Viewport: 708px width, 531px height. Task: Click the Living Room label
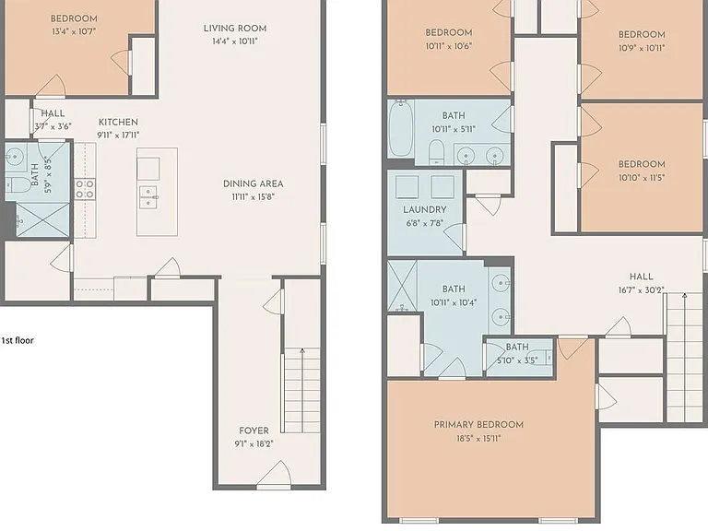(235, 28)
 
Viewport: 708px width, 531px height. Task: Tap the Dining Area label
(253, 183)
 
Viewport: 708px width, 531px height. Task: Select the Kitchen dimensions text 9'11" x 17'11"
(118, 135)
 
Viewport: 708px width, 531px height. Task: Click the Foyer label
(254, 431)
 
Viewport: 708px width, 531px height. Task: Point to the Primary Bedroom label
(478, 424)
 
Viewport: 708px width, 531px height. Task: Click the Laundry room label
(424, 209)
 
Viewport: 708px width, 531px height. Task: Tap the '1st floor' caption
(18, 340)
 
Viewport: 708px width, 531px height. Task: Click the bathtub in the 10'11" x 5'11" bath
(400, 128)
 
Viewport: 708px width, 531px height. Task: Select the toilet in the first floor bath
(18, 184)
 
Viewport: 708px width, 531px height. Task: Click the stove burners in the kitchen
(85, 189)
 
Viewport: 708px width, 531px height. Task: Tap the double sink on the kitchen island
(148, 197)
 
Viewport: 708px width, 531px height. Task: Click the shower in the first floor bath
(42, 220)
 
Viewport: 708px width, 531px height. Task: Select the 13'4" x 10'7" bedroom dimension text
(74, 31)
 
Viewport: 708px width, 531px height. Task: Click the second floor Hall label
(642, 277)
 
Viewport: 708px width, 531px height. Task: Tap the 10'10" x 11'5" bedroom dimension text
(642, 177)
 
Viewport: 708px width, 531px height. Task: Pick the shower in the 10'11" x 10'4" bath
(402, 286)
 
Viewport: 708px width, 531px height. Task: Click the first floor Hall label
(53, 113)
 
